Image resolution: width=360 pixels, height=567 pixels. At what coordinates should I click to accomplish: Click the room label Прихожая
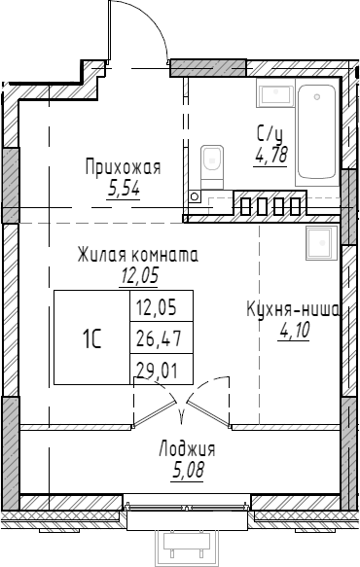[123, 167]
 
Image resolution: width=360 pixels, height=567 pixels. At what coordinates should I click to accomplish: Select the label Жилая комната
[138, 256]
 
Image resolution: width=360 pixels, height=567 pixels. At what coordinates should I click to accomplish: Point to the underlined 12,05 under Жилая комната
[139, 274]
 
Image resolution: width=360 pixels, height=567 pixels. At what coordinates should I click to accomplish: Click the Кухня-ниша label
[292, 310]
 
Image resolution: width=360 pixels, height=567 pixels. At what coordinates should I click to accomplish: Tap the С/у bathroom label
[270, 135]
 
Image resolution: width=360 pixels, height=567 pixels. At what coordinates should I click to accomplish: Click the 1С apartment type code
[92, 338]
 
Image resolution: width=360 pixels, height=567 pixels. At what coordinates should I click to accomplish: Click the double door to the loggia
[184, 407]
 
